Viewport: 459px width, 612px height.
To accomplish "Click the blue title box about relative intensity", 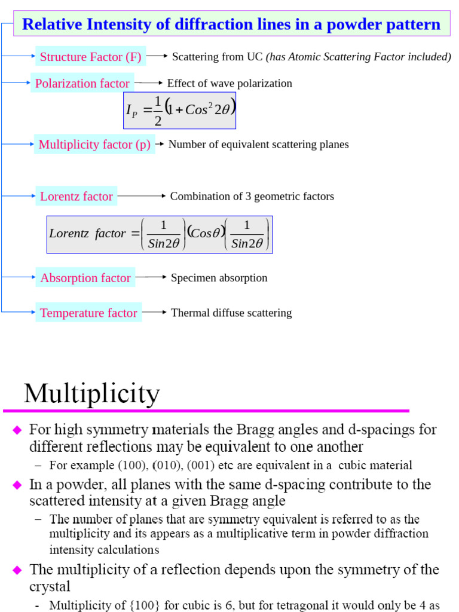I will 231,25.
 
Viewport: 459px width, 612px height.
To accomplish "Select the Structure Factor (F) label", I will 90,57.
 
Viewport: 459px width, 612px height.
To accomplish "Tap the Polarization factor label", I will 82,83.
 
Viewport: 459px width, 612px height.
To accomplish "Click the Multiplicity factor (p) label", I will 94,144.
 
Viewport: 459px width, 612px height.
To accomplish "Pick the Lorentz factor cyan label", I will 76,196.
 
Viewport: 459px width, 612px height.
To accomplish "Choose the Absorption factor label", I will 85,277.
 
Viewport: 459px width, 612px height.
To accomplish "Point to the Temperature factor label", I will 88,313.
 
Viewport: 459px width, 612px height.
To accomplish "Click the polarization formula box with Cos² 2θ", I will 179,111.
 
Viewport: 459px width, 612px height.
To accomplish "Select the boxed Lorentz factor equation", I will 160,234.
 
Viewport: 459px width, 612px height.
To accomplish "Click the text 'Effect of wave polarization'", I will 229,83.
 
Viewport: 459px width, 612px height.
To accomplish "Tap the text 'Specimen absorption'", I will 219,277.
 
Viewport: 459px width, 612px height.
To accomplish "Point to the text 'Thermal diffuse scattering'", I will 231,313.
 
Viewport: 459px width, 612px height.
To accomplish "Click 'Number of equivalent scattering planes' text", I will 258,144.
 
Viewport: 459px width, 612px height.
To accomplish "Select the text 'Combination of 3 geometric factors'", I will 252,196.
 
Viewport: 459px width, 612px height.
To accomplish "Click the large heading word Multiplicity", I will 92,394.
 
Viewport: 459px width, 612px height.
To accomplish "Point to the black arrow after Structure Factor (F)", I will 157,56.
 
